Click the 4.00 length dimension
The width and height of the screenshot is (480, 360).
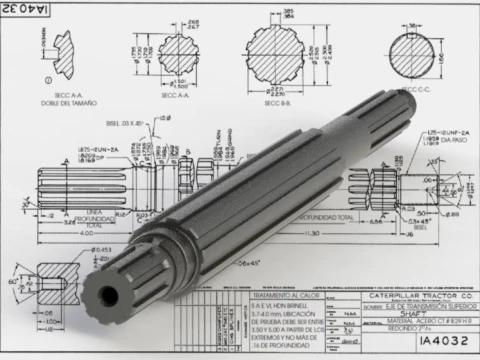point(60,233)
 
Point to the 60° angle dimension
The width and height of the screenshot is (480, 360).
point(12,284)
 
